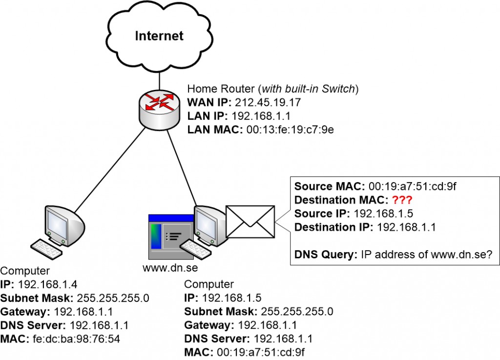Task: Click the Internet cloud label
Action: pos(159,36)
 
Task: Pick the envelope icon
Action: pos(250,221)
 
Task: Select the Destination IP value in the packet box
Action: pos(407,227)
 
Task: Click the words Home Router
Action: pos(215,89)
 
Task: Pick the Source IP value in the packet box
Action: pos(377,214)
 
